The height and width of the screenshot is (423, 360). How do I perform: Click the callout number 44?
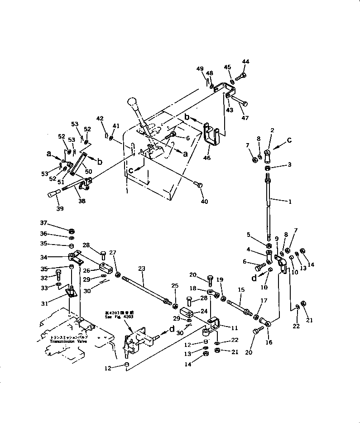point(245,62)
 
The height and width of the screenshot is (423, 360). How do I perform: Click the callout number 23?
point(142,268)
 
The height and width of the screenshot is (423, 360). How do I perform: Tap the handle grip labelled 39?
point(53,193)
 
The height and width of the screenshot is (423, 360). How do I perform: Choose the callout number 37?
point(43,223)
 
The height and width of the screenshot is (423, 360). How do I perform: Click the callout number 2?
point(273,130)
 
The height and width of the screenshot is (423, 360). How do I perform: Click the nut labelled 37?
point(72,231)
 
